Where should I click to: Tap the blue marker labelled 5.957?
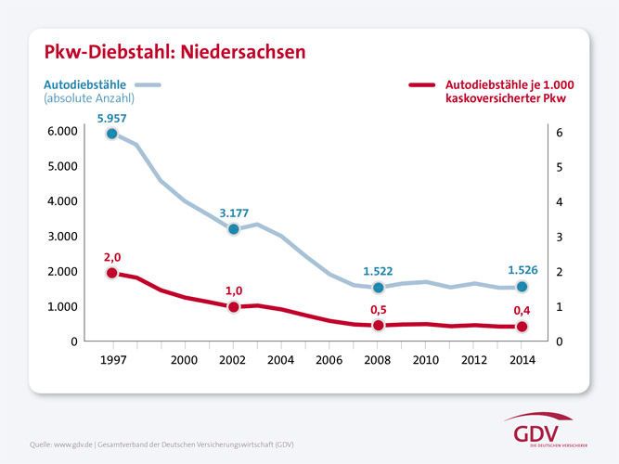112,134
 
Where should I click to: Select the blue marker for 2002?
234,228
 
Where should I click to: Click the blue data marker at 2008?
378,287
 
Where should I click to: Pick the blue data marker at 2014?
522,287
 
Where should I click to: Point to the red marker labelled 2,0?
112,273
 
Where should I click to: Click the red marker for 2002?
234,307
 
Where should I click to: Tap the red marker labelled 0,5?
378,326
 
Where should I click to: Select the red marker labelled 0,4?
522,327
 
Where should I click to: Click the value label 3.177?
234,213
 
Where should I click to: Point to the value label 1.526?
522,270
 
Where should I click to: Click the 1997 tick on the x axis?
112,359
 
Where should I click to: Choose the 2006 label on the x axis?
329,359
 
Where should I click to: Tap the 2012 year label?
473,359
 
